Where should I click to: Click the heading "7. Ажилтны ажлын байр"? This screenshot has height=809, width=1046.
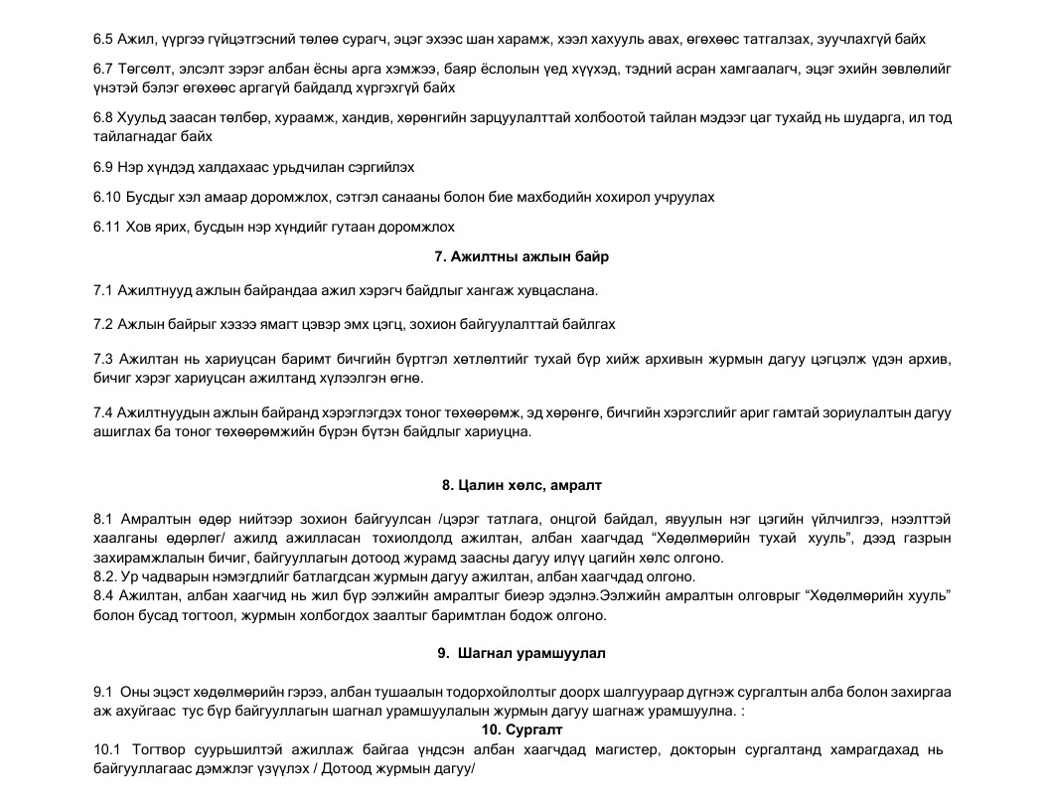tap(522, 256)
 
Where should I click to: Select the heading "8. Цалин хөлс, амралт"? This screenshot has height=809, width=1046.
tap(522, 485)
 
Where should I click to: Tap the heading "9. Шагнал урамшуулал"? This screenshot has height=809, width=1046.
tap(522, 653)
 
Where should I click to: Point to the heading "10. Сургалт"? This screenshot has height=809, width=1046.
tap(523, 729)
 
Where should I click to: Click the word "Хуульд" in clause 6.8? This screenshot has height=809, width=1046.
tap(145, 117)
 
